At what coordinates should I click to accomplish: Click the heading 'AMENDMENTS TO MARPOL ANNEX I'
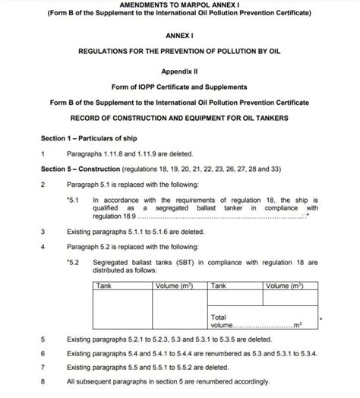tap(179, 5)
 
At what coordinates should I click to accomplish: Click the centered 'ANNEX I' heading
tap(179, 35)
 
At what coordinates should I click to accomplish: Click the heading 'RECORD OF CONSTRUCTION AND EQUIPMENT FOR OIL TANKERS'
tap(179, 118)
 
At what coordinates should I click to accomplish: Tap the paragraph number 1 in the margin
tap(43, 153)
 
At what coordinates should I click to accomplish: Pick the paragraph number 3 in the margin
tap(43, 231)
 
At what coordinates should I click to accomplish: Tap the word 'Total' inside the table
tap(219, 316)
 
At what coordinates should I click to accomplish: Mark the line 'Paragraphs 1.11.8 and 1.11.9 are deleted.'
tap(124, 153)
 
